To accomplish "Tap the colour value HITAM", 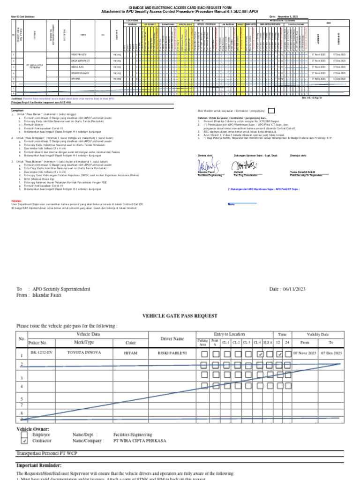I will pos(130,351).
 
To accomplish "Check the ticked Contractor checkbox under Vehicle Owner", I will pos(23,441).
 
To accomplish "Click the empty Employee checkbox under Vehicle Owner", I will pos(23,435).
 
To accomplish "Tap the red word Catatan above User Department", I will pos(16,201).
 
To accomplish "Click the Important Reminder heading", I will pos(39,465).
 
